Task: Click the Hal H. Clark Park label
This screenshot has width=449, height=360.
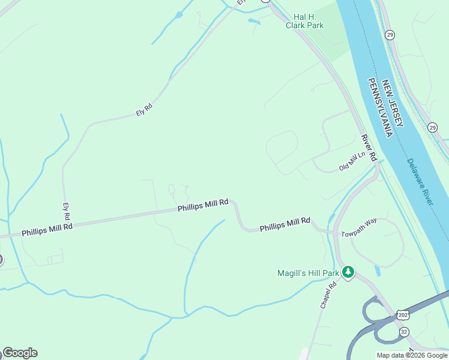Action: [309, 21]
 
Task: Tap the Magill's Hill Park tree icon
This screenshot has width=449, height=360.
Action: [348, 273]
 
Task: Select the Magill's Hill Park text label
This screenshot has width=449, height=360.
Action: [308, 273]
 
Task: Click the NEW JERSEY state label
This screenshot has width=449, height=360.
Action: [394, 103]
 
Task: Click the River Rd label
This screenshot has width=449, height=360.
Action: [369, 148]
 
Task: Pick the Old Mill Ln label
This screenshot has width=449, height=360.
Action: [352, 162]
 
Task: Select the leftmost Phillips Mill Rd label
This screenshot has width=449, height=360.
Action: [47, 229]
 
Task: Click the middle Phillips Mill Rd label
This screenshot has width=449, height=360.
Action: [203, 205]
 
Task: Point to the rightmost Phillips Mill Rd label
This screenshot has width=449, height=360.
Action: [285, 224]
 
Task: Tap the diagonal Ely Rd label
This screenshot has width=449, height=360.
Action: [145, 110]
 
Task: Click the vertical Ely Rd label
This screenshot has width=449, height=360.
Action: [67, 211]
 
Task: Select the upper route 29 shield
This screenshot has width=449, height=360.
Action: [390, 35]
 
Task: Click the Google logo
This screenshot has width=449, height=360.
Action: [20, 353]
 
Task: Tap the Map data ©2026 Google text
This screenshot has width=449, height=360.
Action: [412, 355]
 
